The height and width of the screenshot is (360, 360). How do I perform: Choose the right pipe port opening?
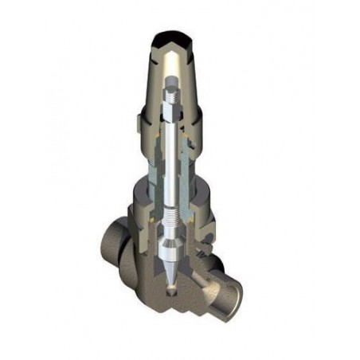click(x=236, y=287)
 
